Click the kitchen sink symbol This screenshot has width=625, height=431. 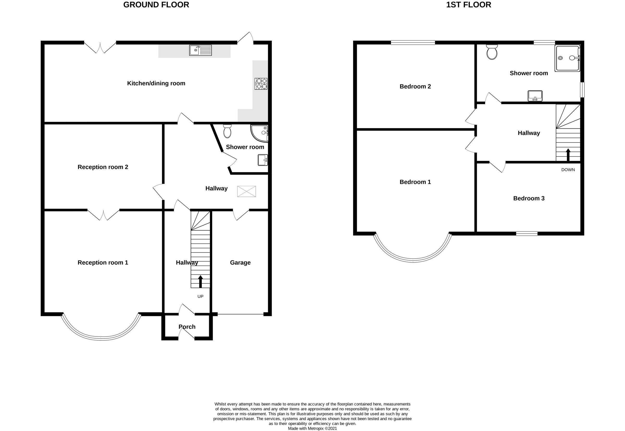[200, 50]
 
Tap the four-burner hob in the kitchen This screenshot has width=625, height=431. [261, 83]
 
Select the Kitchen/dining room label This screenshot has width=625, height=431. [156, 83]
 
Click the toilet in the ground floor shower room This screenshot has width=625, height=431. [227, 131]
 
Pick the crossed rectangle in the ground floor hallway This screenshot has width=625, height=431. [246, 191]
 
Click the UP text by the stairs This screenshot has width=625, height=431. [200, 296]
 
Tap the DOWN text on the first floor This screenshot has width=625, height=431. [568, 170]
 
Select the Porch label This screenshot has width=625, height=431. [187, 327]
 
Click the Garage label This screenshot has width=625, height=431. [240, 263]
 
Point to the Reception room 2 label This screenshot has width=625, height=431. [103, 167]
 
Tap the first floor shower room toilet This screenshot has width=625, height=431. [492, 52]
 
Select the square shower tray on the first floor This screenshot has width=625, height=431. [567, 58]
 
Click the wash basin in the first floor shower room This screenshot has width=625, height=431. [535, 96]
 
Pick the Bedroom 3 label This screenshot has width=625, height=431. [529, 198]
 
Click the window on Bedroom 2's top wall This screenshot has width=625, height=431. [413, 42]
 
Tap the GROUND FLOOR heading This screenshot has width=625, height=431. [156, 5]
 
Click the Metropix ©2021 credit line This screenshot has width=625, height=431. [312, 428]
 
